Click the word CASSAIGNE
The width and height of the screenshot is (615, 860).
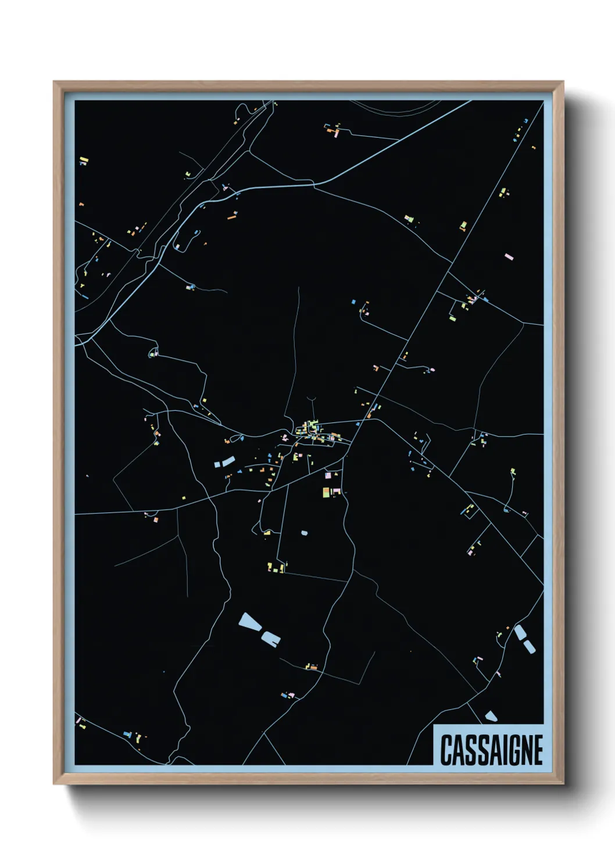pos(491,750)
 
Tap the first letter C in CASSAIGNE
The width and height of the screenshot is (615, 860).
pos(446,750)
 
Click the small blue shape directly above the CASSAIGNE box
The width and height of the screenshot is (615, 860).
pos(492,716)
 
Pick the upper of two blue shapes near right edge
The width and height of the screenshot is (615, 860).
pos(519,632)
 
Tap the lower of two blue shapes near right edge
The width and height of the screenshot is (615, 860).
pos(529,645)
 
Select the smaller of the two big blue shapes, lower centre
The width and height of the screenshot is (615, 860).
pos(271,639)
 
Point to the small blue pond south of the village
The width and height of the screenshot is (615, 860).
pos(304,532)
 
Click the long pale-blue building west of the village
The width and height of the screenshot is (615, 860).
pos(224,462)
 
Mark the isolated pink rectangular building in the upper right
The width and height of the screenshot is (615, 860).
pos(509,256)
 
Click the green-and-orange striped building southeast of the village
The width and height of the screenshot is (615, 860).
pos(326,492)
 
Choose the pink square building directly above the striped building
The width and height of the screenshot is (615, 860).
pos(328,475)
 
